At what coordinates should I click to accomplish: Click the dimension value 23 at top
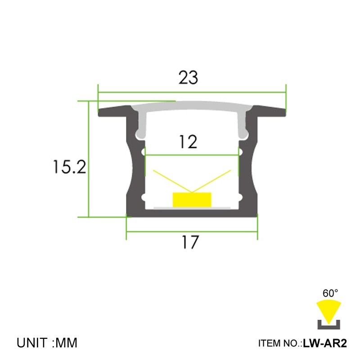tap(188, 78)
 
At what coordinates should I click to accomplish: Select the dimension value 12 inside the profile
tap(188, 142)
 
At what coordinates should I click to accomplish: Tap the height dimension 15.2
tap(69, 167)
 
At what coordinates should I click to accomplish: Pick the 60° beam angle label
tap(330, 293)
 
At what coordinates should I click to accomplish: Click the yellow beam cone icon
tap(329, 310)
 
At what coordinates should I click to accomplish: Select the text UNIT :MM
tap(47, 343)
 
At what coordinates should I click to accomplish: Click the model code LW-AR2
tap(325, 344)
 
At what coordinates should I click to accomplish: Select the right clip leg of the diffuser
tap(243, 124)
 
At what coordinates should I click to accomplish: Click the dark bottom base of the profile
tap(191, 213)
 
